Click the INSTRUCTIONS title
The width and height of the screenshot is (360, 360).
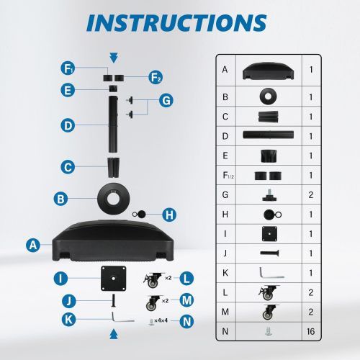pos(176,23)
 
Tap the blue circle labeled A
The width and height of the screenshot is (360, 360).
pos(33,245)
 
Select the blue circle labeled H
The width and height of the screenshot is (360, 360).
pos(169,215)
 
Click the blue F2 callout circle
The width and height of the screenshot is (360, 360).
pos(156,78)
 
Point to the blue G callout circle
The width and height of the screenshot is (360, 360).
pos(166,101)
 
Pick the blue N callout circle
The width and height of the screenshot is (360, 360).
pos(186,321)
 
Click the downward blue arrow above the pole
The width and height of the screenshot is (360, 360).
pos(114,58)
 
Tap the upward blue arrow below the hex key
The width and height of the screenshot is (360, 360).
pos(114,334)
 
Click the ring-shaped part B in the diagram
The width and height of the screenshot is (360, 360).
pos(114,199)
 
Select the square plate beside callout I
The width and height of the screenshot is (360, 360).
pos(114,279)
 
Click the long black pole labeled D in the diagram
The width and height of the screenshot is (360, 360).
pos(113,125)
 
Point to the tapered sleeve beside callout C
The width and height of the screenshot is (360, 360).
pos(113,167)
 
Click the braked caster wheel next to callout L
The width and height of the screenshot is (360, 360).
pos(153,280)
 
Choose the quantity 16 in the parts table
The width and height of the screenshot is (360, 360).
pos(311,331)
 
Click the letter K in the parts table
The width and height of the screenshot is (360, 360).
pos(225,273)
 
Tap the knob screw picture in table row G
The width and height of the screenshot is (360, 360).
pos(270,194)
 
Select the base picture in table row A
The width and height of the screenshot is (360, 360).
pos(268,71)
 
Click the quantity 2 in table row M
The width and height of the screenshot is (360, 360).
pos(311,312)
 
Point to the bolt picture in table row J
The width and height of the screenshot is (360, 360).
pos(269,253)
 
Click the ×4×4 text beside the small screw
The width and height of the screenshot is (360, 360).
pos(161,320)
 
